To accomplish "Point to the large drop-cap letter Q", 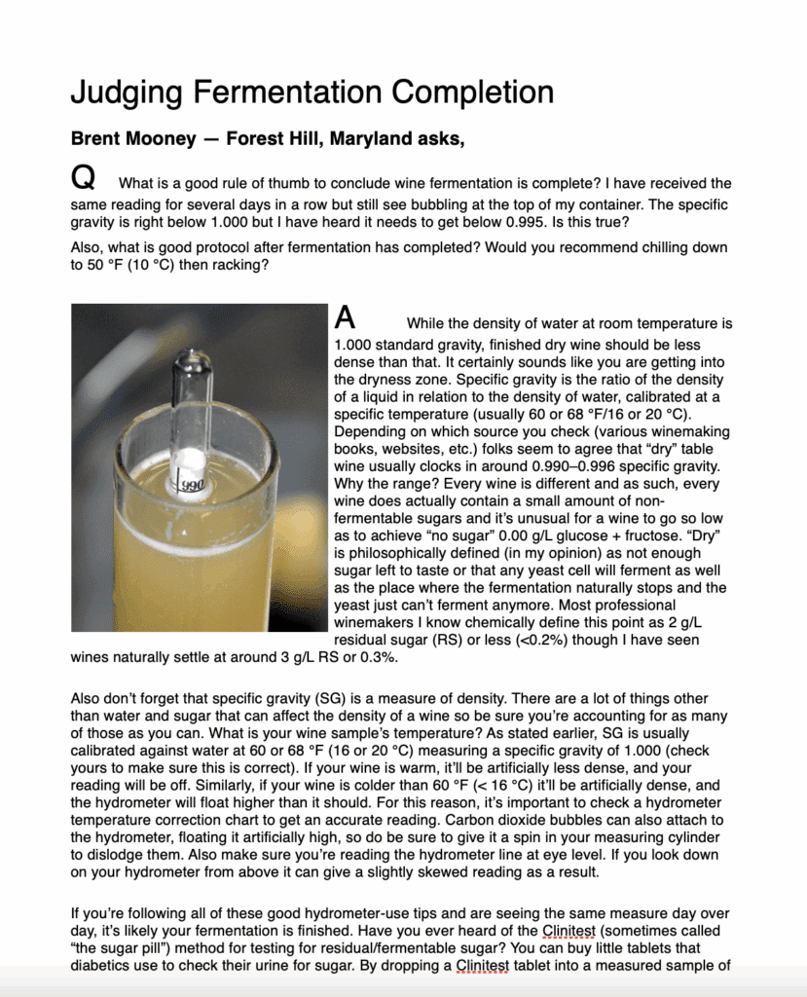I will [x=84, y=177].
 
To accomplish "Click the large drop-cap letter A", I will [x=345, y=317].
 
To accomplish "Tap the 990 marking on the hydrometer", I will [x=191, y=483].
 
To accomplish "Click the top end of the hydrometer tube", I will [x=192, y=358].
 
